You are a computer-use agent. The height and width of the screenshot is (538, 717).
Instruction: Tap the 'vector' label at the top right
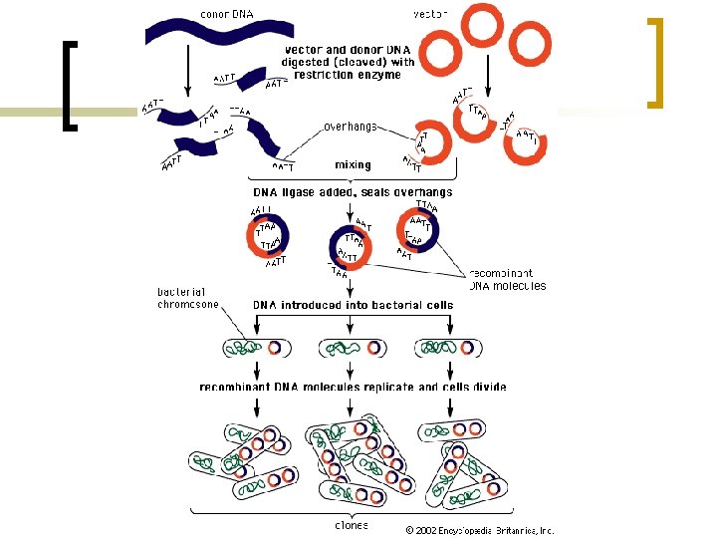(x=430, y=14)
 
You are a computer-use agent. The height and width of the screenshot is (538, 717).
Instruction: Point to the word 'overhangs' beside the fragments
(x=350, y=127)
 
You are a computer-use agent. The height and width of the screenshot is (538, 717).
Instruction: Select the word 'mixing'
(x=353, y=165)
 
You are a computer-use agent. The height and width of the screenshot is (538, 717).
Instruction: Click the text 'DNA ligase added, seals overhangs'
(x=354, y=192)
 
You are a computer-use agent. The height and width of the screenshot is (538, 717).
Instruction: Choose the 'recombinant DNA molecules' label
(x=507, y=279)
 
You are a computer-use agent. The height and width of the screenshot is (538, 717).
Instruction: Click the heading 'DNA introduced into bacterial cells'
(x=353, y=305)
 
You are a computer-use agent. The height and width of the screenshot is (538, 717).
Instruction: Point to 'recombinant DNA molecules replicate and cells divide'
(x=353, y=387)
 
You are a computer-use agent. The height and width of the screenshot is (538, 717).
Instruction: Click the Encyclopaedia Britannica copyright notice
(x=479, y=530)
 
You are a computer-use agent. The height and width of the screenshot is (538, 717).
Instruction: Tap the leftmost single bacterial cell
(x=258, y=348)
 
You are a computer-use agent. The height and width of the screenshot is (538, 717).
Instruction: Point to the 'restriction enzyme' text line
(x=350, y=75)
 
